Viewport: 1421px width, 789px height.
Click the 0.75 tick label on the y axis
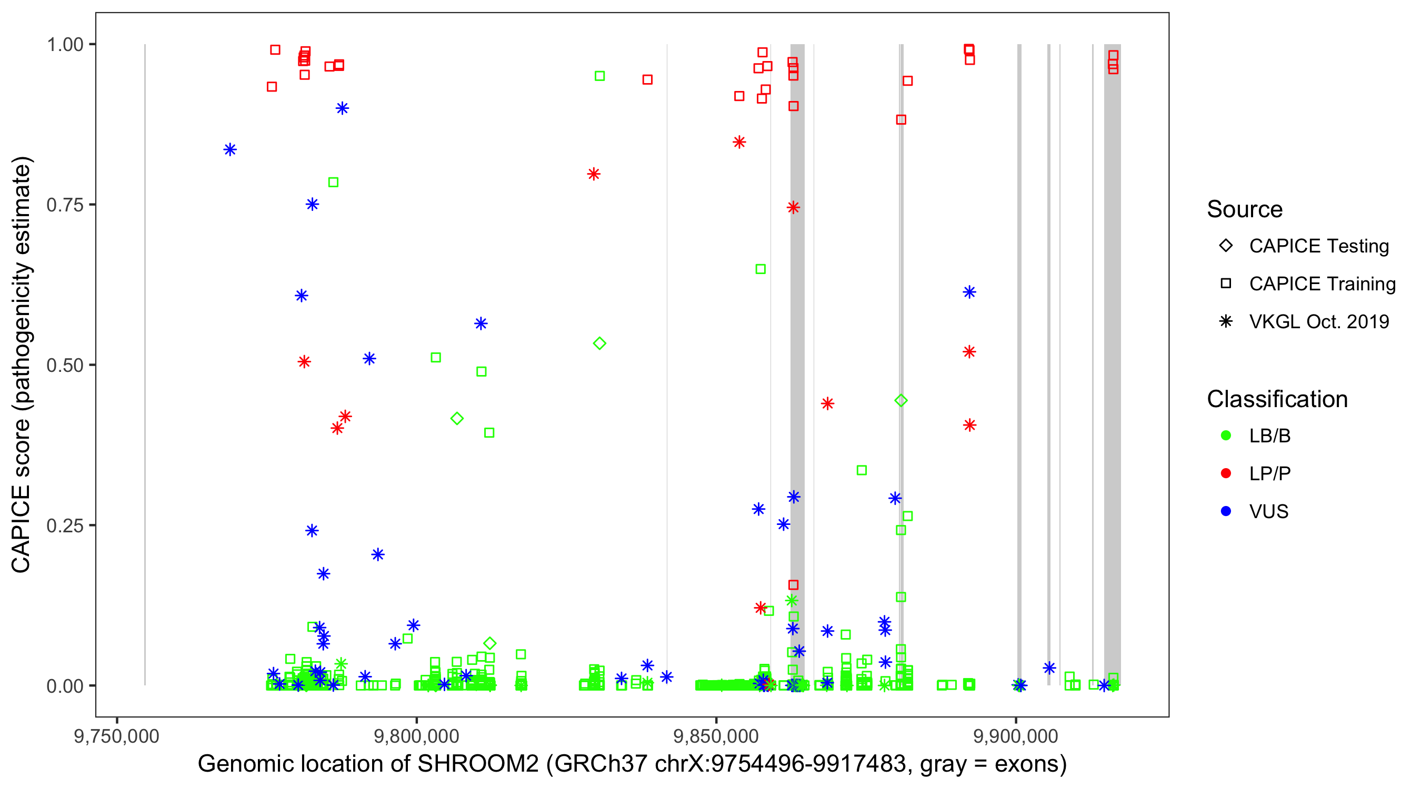[64, 205]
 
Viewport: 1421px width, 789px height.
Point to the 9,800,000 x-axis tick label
[416, 736]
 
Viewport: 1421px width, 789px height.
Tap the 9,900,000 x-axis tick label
[1016, 736]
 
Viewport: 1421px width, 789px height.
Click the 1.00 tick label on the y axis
[64, 45]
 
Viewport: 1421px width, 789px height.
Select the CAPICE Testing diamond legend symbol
[1226, 246]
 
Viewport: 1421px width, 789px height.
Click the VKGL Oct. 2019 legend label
[1319, 321]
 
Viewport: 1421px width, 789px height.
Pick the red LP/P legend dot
[1226, 473]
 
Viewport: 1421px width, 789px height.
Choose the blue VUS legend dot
[1226, 511]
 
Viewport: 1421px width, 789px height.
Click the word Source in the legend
[1245, 209]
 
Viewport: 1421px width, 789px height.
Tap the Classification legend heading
[1277, 399]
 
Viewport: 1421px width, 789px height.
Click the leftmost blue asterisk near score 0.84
[230, 149]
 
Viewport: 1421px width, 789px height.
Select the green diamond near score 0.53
[599, 343]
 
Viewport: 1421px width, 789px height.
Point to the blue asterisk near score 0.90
[342, 108]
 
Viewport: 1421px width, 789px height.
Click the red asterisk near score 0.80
[594, 174]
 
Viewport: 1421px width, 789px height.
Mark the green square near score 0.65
[760, 269]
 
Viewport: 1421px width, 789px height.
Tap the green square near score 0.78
[333, 183]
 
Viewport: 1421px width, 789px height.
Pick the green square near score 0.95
[599, 76]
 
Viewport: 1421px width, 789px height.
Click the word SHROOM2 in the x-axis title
[478, 764]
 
